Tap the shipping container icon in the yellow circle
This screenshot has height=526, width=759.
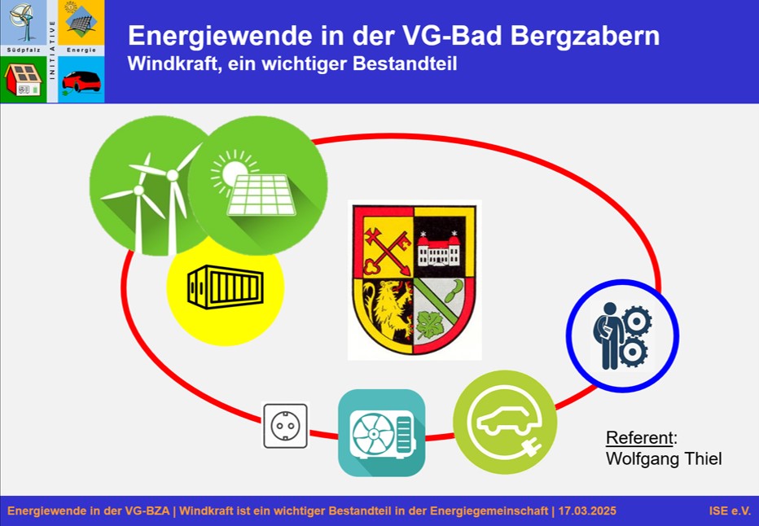[x=226, y=287]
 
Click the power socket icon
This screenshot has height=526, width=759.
[x=286, y=425]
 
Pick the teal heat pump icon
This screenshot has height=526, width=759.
[x=381, y=432]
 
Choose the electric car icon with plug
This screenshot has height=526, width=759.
[x=505, y=422]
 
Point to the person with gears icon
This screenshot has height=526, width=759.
[x=622, y=335]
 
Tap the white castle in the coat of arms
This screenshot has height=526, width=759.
[x=439, y=249]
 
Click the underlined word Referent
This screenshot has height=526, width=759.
[x=639, y=437]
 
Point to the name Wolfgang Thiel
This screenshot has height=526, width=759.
[x=664, y=458]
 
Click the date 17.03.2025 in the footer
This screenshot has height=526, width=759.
[x=587, y=511]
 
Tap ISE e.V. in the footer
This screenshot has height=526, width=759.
[x=730, y=511]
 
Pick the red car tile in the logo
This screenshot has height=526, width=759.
[x=81, y=79]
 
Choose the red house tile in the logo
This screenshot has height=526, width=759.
[x=24, y=79]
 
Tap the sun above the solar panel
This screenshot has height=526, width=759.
[x=235, y=172]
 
